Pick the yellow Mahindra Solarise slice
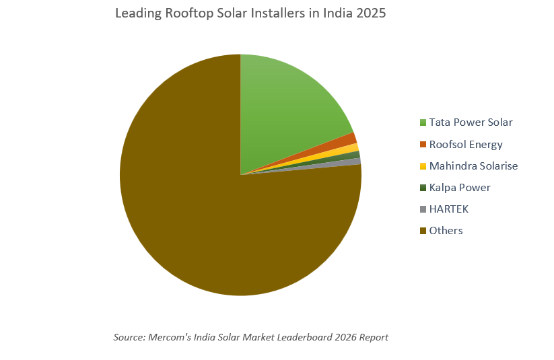point(352,148)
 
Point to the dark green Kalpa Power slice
point(355,155)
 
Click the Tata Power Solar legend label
point(471,122)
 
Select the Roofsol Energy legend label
point(466,144)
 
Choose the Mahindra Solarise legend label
point(473,166)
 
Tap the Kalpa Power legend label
point(460,187)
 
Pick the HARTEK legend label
point(448,209)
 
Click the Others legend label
point(446,230)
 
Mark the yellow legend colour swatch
point(423,166)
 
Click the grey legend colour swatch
point(423,209)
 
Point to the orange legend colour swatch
point(423,144)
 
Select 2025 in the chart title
point(371,13)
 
